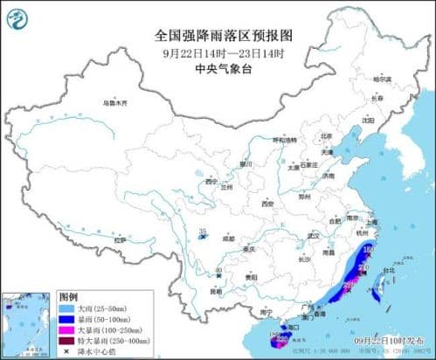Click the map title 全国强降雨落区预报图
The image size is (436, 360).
(x=218, y=36)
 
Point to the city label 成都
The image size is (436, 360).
(x=228, y=237)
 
